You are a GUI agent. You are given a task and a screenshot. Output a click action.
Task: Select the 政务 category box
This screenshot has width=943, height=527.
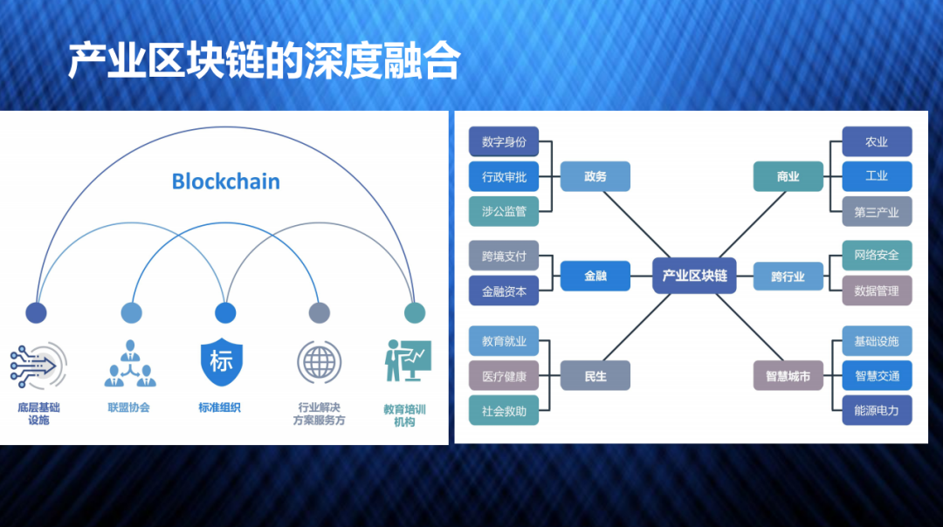tap(595, 176)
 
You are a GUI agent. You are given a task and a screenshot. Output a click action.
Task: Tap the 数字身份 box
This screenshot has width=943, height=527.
tap(504, 141)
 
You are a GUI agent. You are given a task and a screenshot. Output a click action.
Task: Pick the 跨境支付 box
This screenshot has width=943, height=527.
tap(504, 257)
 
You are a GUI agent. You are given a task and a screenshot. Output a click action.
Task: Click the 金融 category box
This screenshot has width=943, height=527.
tap(595, 276)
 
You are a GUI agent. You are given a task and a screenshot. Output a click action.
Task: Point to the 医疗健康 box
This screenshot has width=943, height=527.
tap(504, 376)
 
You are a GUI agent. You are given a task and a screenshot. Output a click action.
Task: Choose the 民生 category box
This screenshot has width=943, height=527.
tap(595, 376)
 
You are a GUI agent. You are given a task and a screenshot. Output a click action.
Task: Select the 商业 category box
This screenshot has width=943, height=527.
tap(788, 176)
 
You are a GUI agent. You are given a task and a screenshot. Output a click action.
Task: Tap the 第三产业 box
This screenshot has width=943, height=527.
tap(877, 211)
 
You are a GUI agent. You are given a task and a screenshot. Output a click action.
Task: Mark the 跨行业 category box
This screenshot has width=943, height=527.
tap(788, 277)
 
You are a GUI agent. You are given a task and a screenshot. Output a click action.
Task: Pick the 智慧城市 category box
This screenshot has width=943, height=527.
tap(788, 376)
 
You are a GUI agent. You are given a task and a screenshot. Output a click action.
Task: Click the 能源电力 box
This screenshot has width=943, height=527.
tap(877, 410)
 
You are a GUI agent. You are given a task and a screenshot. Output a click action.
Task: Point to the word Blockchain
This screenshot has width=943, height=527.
tap(225, 181)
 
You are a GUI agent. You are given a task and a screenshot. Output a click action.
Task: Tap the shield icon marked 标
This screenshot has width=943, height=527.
tap(222, 361)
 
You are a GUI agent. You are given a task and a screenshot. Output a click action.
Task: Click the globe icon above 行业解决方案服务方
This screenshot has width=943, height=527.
tap(319, 360)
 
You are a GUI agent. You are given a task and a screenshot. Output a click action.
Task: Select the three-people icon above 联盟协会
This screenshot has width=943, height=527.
tap(130, 363)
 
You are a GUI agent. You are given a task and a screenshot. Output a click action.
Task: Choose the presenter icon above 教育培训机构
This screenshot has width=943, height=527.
tap(407, 359)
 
